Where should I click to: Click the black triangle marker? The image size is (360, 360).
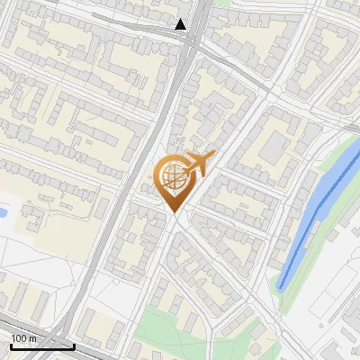click(181, 25)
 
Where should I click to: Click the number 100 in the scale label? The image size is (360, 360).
click(19, 338)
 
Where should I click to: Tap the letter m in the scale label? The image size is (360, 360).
click(32, 338)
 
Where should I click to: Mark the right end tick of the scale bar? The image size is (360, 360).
click(74, 344)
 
